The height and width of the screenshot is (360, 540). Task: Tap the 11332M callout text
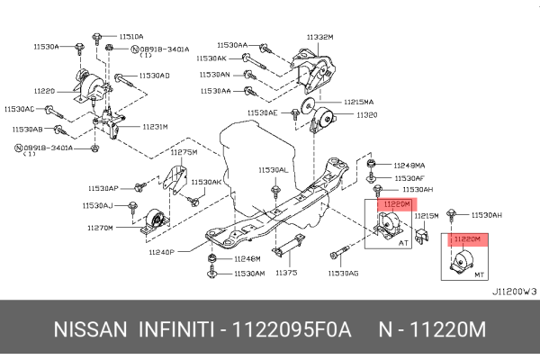click(x=319, y=37)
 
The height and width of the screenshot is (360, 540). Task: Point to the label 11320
click(x=367, y=115)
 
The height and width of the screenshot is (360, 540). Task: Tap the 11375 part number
click(x=285, y=273)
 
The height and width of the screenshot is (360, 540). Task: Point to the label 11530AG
click(x=343, y=273)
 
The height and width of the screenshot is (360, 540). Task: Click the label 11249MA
click(x=409, y=165)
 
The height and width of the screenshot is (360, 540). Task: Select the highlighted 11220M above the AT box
click(x=397, y=205)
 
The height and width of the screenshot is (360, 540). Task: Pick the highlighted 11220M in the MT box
click(x=467, y=239)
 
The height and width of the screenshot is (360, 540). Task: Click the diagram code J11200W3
click(x=515, y=292)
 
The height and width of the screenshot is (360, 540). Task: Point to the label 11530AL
click(x=273, y=170)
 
